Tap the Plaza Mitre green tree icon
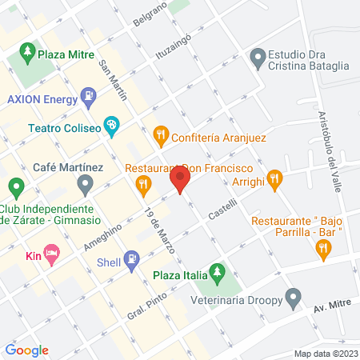click(26, 55)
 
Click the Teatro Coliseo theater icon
click(113, 126)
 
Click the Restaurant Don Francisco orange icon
click(143, 186)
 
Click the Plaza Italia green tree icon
click(215, 274)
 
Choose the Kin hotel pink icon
click(51, 255)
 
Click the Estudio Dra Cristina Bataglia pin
click(258, 58)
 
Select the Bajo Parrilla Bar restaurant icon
click(322, 250)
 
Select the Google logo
click(26, 350)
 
